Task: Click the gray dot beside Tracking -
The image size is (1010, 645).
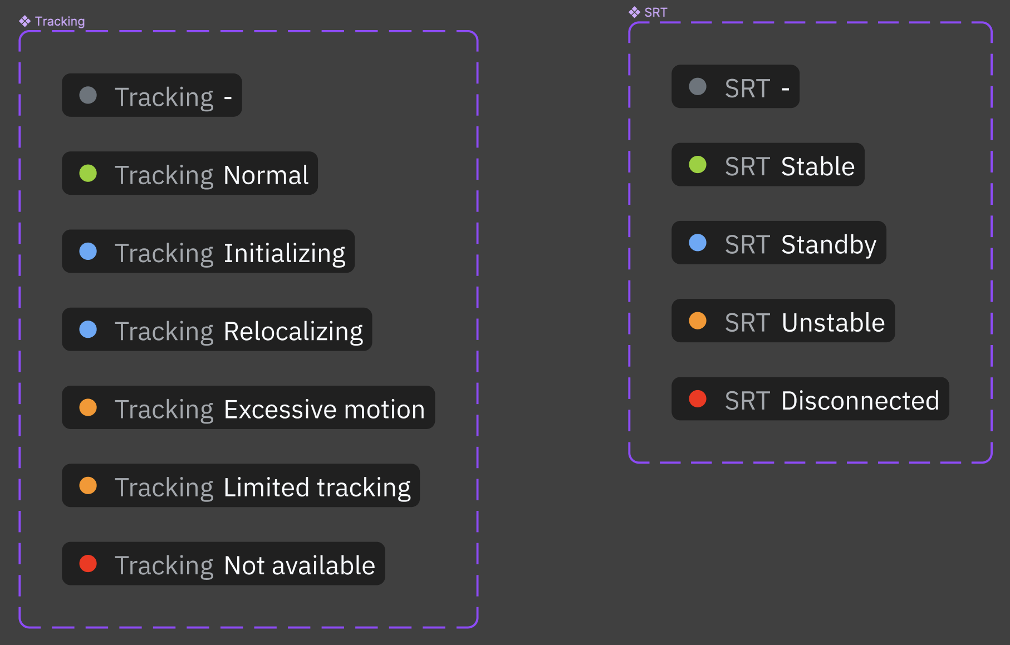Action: [88, 95]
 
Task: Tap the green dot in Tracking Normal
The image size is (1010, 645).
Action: [88, 173]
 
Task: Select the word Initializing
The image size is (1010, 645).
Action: [284, 253]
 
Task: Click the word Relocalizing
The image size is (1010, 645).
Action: [293, 331]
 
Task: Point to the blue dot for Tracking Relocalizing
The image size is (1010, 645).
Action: [88, 329]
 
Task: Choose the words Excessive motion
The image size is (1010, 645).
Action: [324, 409]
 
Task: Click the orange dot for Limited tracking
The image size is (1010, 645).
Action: [88, 486]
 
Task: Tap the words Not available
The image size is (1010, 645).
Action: [299, 565]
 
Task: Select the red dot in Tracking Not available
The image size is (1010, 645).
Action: [88, 564]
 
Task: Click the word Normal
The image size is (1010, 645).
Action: [266, 175]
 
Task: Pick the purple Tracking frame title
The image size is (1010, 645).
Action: [60, 21]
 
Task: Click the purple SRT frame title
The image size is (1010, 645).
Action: [655, 12]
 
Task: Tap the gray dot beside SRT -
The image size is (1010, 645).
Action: [698, 86]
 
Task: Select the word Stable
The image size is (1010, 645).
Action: [817, 166]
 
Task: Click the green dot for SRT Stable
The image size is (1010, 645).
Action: [698, 165]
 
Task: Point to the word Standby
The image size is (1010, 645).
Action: [828, 245]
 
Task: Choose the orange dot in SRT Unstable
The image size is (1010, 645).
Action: [698, 321]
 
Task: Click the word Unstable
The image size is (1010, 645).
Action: [833, 323]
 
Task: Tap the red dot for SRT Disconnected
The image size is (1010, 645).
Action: [698, 399]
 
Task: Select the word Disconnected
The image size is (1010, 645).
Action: [860, 401]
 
